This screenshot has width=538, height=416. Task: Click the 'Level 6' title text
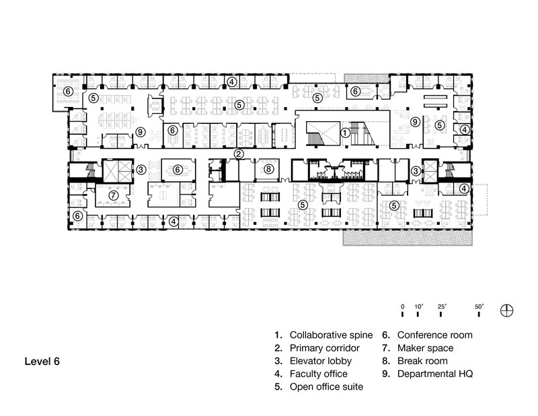point(42,361)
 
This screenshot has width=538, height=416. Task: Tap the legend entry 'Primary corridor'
point(320,348)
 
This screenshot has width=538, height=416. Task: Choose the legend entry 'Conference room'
point(434,335)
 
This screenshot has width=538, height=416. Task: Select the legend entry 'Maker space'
point(425,348)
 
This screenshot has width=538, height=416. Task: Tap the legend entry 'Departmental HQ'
point(436,374)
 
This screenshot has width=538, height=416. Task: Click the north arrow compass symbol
point(508,310)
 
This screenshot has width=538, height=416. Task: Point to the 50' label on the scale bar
point(480,306)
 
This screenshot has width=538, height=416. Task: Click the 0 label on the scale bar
point(402,306)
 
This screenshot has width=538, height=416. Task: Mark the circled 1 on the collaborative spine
point(344,133)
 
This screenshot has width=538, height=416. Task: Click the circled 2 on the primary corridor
point(238,154)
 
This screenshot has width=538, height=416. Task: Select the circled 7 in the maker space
point(114,195)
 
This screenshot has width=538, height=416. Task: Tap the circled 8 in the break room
point(268,170)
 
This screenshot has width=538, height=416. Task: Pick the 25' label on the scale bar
point(442,306)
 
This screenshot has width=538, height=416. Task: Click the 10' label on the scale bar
point(418,306)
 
